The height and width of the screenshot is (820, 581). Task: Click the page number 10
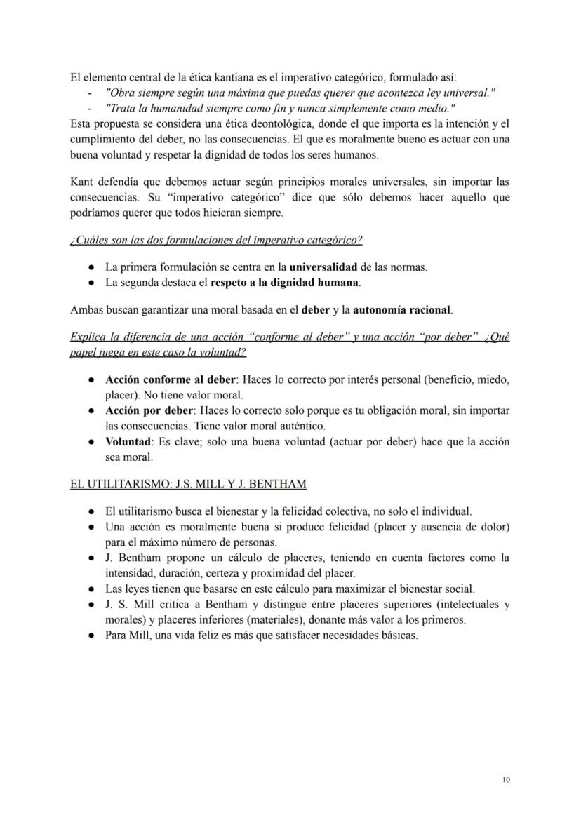(506, 779)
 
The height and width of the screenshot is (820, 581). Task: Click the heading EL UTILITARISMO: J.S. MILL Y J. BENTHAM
(188, 484)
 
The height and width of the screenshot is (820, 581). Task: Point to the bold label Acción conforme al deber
(170, 379)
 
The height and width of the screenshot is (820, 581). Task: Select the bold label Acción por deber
(149, 410)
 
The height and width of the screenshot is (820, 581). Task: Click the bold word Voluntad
(128, 442)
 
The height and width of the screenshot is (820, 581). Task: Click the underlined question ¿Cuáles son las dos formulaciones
(216, 241)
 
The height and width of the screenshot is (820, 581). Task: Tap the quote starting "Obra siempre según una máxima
(300, 93)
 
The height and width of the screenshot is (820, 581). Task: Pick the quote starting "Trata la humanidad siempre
(280, 108)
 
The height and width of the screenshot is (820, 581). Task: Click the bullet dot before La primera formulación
(92, 268)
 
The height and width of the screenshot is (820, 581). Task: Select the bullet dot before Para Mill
(92, 636)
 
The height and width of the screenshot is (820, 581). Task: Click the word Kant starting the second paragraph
(81, 182)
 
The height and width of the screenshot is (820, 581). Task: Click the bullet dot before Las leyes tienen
(92, 589)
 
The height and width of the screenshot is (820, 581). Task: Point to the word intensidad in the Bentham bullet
(130, 573)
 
